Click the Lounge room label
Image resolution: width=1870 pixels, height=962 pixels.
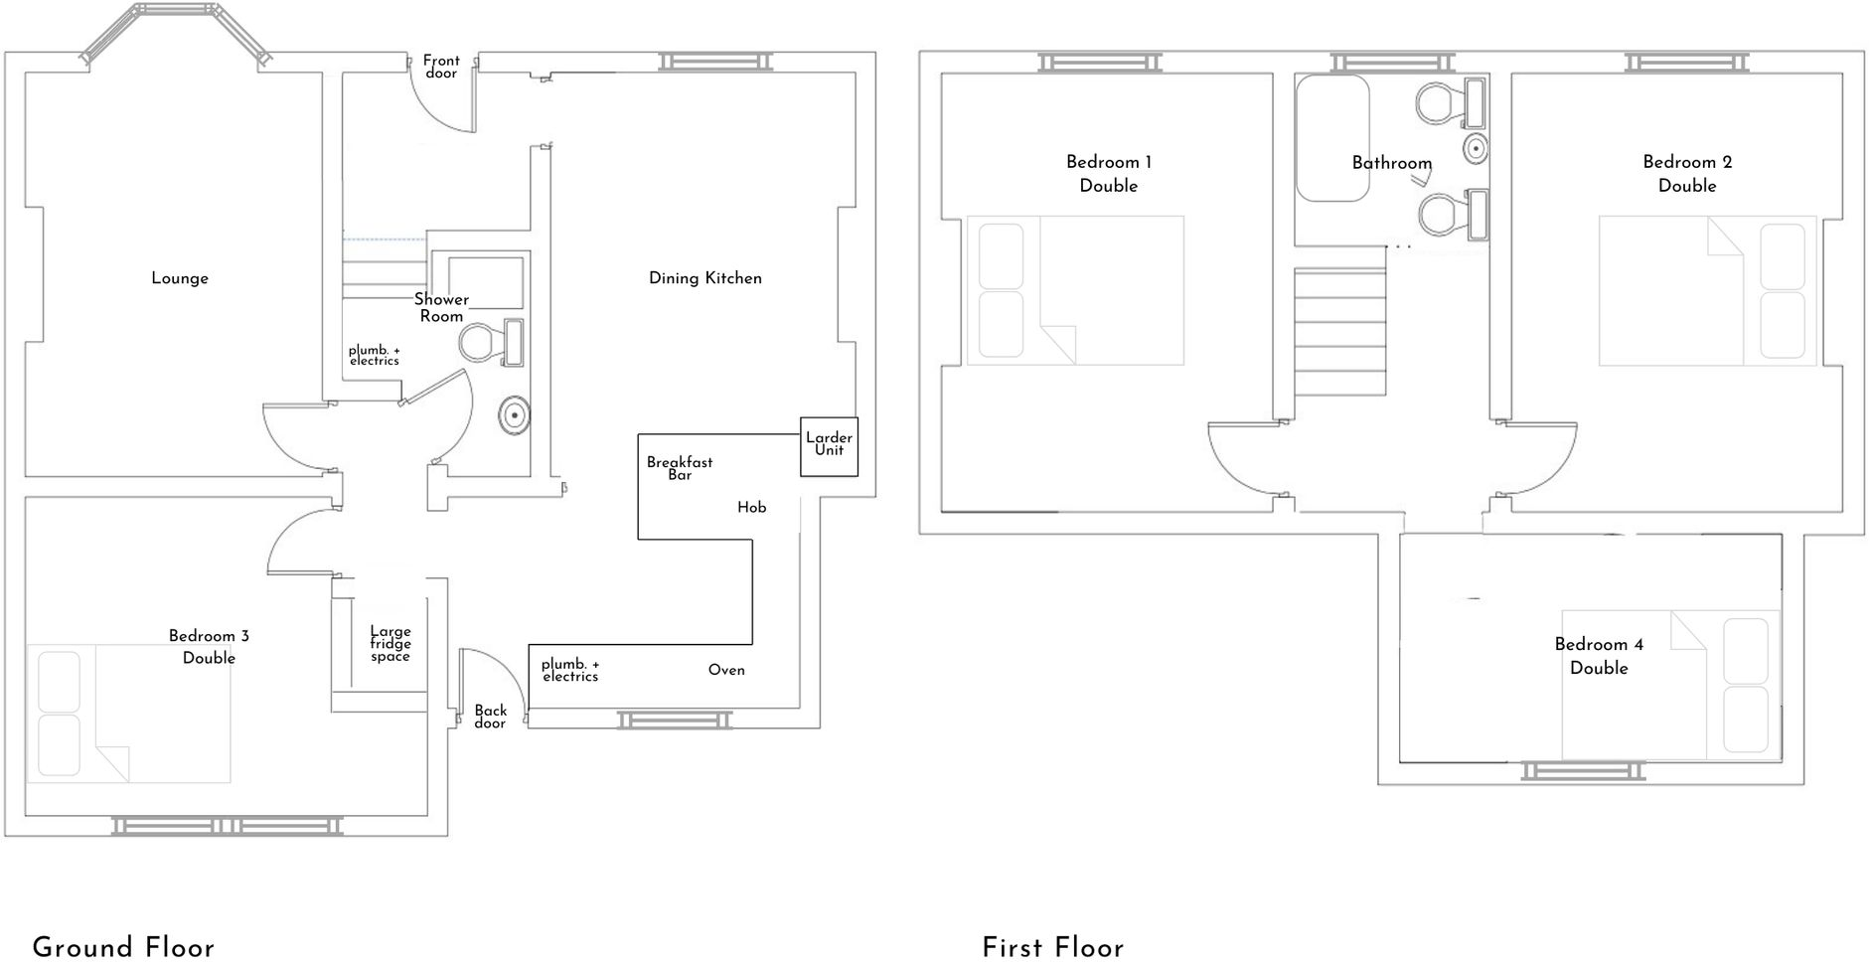(180, 278)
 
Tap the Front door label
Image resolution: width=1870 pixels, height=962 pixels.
(441, 67)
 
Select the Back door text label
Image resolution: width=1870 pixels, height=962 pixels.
(490, 717)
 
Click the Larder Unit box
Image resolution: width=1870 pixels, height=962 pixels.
(829, 445)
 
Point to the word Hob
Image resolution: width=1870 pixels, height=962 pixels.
(751, 508)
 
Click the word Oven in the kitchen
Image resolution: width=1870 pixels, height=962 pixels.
(726, 670)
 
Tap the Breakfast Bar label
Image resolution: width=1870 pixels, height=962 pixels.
(680, 468)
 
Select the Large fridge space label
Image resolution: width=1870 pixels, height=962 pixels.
(390, 643)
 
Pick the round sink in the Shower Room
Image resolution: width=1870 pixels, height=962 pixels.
(514, 415)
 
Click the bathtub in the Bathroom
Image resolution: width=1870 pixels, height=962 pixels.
(1332, 138)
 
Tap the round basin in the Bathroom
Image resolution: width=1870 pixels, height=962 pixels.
(1476, 149)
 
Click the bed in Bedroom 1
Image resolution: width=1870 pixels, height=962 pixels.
(1075, 290)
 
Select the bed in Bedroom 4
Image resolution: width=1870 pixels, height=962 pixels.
(1670, 685)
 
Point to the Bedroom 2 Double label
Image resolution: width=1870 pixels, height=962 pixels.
(1687, 174)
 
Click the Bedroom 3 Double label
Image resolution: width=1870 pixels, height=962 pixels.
(209, 647)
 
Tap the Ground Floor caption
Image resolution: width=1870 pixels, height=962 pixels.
(123, 947)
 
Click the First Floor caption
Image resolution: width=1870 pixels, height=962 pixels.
(1052, 948)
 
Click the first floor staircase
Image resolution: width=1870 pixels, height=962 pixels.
(1339, 333)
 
